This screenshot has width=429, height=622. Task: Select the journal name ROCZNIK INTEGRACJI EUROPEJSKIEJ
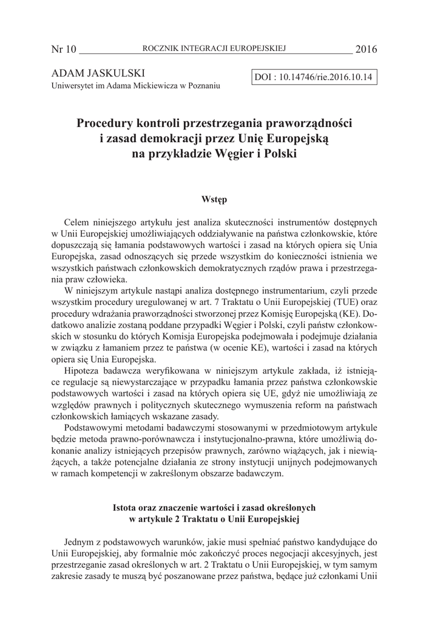pos(214,48)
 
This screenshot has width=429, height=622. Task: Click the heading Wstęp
pos(214,198)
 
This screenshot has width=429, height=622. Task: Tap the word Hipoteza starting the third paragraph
pos(83,371)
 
